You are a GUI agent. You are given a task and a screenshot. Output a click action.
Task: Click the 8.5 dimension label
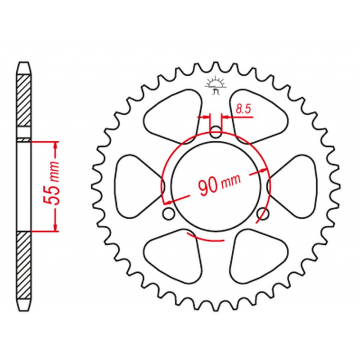tap(243, 108)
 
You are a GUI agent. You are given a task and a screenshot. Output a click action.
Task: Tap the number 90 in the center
tap(208, 188)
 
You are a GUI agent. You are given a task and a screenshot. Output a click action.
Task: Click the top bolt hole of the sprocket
tap(216, 132)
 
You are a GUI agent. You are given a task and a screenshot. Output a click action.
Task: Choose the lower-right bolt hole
tap(263, 214)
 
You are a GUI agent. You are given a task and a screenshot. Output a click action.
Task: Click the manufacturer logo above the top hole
tap(216, 85)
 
